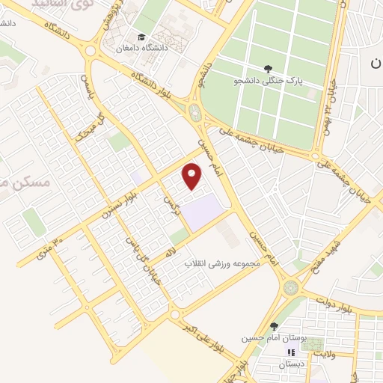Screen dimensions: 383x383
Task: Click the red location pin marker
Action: click(193, 176)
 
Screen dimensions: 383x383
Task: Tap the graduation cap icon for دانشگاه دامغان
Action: click(140, 38)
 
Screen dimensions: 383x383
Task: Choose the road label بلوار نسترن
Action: click(121, 203)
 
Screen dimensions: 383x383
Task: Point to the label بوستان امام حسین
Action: click(267, 338)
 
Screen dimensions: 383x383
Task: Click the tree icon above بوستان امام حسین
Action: click(275, 326)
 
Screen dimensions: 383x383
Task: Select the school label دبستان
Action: click(293, 364)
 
